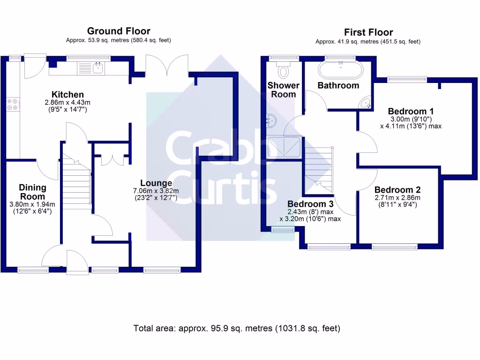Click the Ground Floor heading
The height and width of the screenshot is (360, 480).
point(119,31)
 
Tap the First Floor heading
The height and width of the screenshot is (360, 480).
point(368,32)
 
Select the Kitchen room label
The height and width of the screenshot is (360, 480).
point(67,94)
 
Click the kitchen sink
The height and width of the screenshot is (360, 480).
point(91,68)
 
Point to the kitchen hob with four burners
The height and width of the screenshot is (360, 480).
point(13,104)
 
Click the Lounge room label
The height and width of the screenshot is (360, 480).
point(156,183)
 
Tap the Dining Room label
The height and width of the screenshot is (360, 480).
point(32,192)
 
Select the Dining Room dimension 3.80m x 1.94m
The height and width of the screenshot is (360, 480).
point(32,204)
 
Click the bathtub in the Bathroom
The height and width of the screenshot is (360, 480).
point(340,70)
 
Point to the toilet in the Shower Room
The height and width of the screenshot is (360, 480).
point(284,69)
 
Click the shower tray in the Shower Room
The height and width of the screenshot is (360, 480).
point(284,147)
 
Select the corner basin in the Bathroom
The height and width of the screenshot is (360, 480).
point(366,103)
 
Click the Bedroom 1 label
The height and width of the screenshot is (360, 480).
point(411,111)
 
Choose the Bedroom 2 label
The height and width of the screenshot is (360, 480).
point(397,190)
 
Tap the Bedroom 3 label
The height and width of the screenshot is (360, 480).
point(310,204)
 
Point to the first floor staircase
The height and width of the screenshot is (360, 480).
point(319,170)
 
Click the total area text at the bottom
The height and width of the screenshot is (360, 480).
point(237,329)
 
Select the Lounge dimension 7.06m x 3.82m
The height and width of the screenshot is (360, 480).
point(156,191)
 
